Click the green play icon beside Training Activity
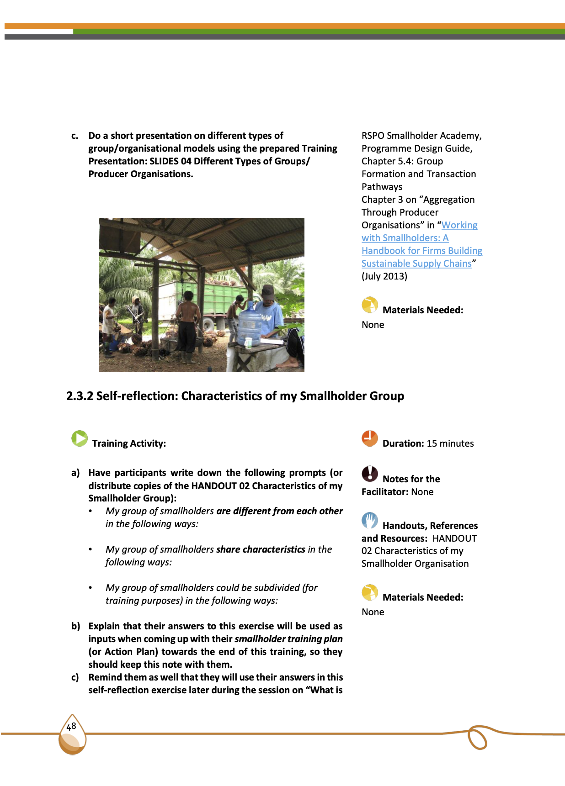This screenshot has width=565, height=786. pos(80,438)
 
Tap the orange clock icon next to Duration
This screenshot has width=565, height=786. pos(370,438)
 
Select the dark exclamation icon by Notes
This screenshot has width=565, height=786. pos(370,474)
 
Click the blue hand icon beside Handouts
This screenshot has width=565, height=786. pos(370,520)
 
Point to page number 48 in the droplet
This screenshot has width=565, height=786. pos(71,727)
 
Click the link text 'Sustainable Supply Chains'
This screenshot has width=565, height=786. pos(416,264)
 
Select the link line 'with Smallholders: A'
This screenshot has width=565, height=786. pos(405,238)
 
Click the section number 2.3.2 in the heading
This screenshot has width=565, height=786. pos(80,396)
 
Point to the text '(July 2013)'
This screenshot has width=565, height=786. pos(384,276)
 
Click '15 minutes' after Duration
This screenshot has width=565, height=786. pos(450,443)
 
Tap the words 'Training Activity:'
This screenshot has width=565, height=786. pos(129,443)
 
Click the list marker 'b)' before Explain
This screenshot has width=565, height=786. pos(76,626)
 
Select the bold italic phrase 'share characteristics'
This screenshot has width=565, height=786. pos(261,549)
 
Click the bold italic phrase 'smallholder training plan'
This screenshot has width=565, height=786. pos(288,639)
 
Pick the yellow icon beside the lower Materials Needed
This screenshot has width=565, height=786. pos(370,592)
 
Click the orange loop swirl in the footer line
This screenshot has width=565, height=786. pos(477,738)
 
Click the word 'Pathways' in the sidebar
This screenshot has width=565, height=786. pos(382,187)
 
